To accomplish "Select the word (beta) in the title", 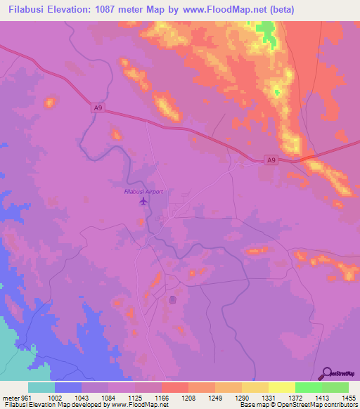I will click(x=281, y=9).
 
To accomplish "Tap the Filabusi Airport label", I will click(x=143, y=192).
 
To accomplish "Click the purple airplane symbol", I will click(x=143, y=202).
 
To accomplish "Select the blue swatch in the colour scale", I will click(x=68, y=387).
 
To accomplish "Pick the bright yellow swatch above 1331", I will click(x=282, y=387).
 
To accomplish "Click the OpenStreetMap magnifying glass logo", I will click(x=326, y=372).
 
